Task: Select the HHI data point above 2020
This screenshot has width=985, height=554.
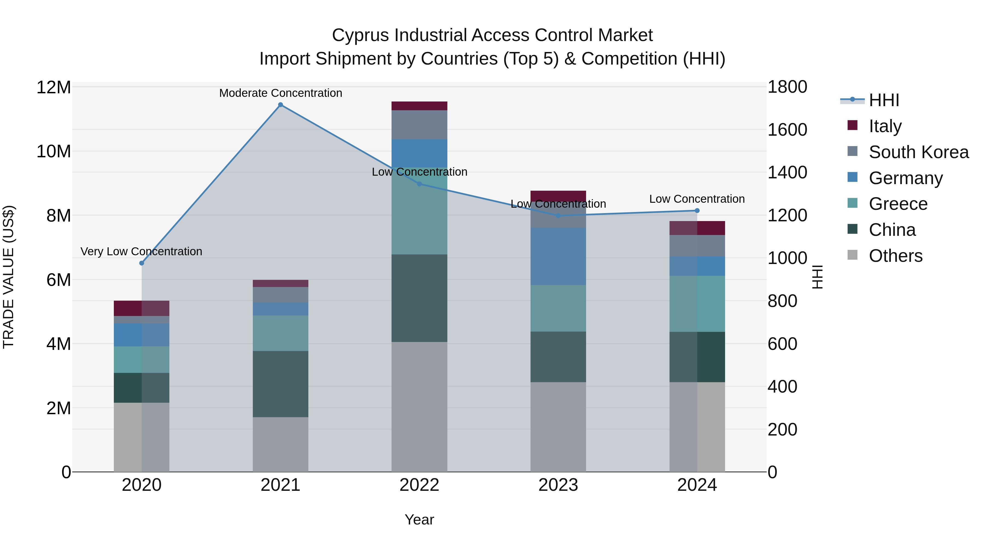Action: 141,263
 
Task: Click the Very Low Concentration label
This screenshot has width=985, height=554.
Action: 141,252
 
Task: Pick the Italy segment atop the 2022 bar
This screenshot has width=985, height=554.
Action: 419,106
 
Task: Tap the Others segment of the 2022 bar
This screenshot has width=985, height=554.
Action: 419,407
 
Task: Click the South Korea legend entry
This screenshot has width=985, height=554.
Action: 919,152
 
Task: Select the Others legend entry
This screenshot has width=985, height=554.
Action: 895,256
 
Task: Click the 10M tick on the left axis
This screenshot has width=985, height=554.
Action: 54,151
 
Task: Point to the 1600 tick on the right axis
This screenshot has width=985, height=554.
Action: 787,130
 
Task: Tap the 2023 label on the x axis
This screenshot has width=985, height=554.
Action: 558,485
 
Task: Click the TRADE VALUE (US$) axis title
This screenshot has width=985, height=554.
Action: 8,277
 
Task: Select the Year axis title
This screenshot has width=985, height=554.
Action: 419,520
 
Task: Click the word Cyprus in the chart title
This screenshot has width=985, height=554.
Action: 361,35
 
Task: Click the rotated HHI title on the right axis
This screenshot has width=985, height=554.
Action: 817,277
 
